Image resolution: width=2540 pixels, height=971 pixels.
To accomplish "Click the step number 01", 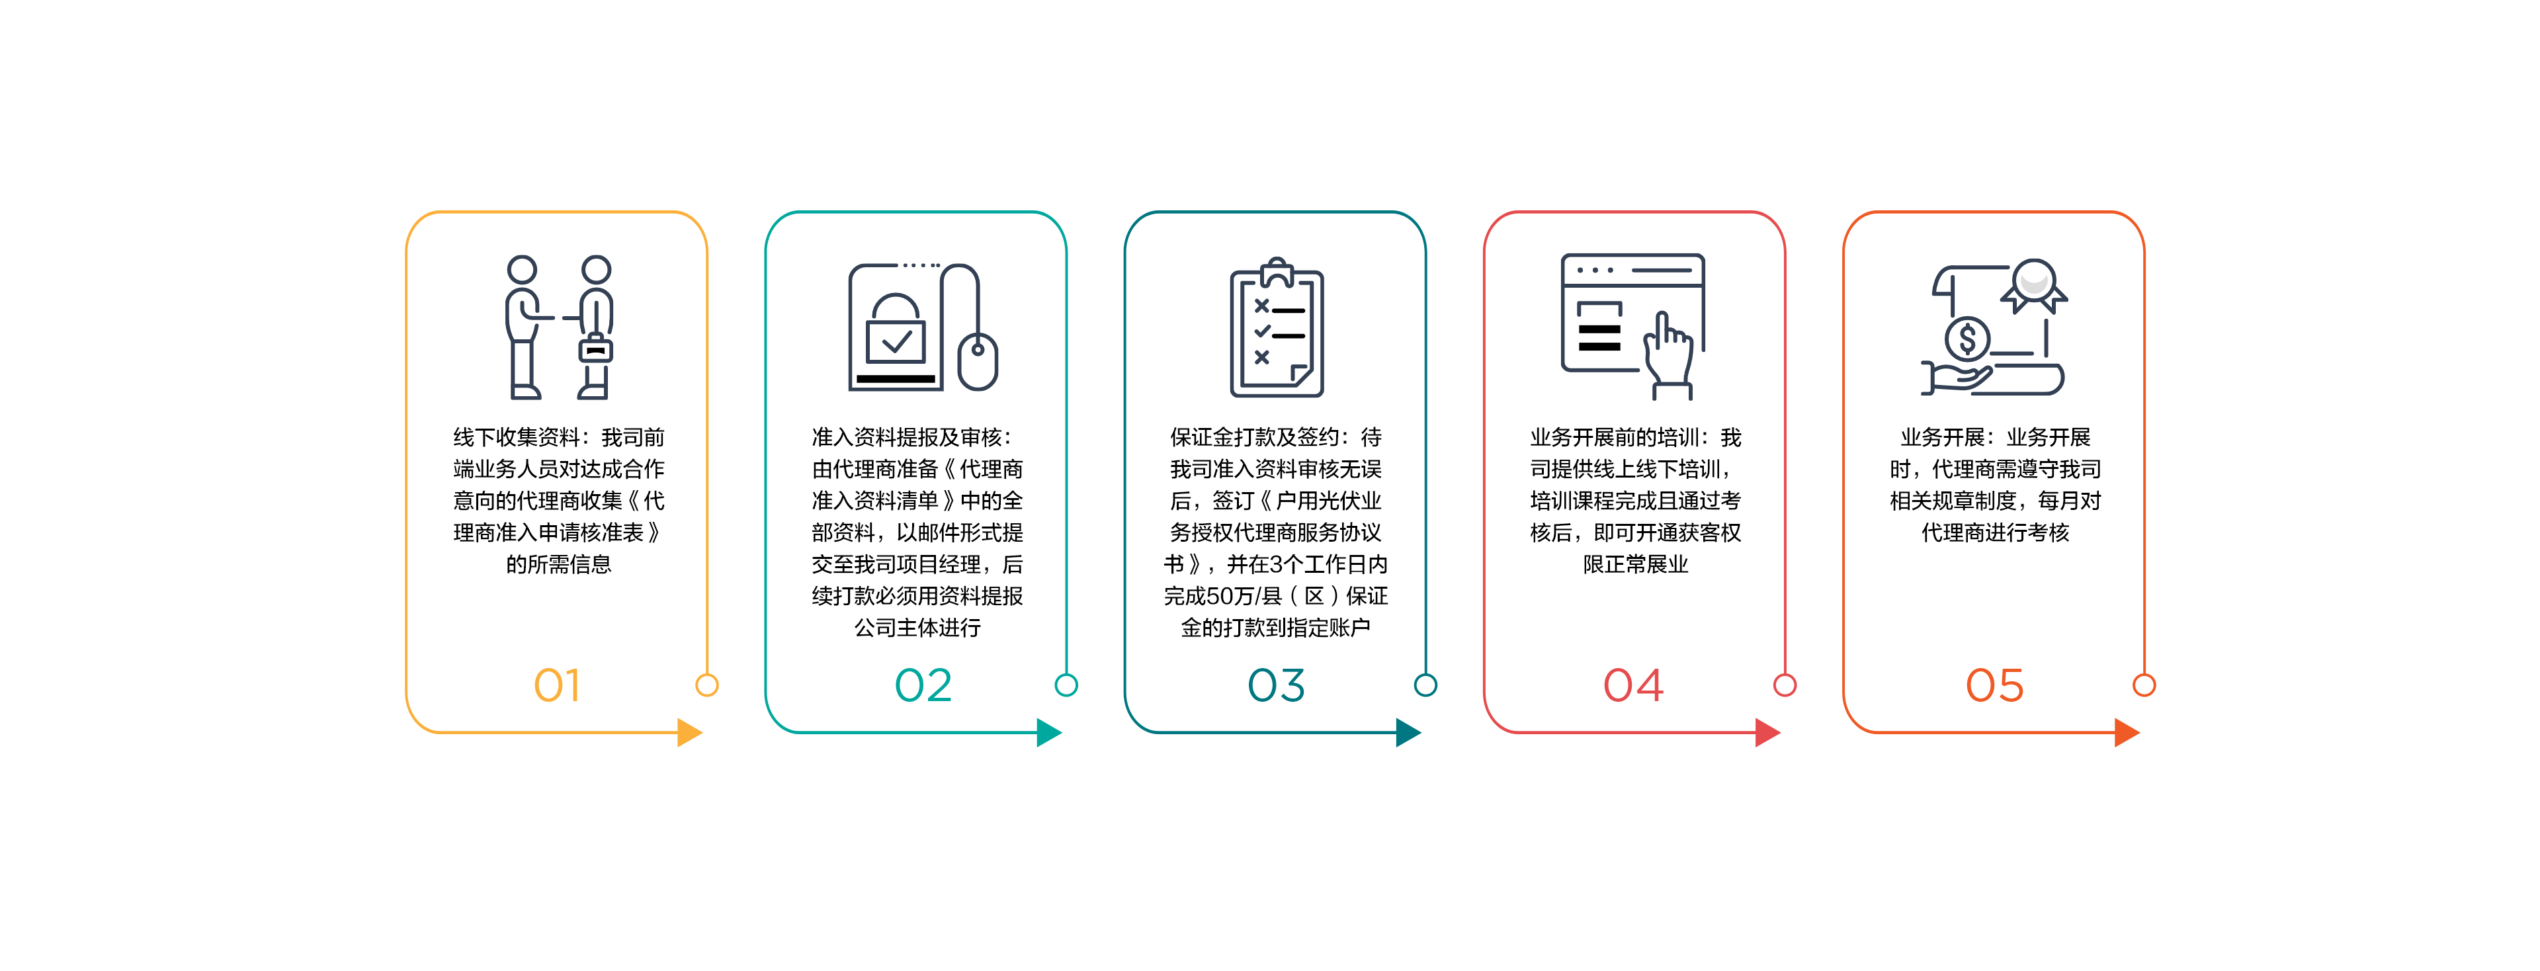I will tap(557, 685).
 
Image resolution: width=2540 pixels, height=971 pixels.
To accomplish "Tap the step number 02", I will tap(923, 685).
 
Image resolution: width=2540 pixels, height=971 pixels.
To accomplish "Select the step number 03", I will tap(1276, 685).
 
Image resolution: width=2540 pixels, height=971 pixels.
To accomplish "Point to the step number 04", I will tap(1633, 685).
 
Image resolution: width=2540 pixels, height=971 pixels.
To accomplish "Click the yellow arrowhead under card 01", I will tap(689, 732).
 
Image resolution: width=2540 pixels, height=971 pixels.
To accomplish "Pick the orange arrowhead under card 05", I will tap(2126, 732).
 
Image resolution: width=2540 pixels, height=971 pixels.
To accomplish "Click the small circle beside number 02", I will tap(1066, 685).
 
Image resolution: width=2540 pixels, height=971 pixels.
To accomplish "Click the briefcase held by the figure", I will tap(595, 349).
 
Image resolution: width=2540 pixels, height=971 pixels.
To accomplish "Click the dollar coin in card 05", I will tap(1967, 340).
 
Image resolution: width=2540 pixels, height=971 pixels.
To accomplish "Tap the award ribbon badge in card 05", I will tap(2034, 284).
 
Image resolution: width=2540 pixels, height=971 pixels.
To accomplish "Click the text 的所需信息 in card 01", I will tap(558, 564).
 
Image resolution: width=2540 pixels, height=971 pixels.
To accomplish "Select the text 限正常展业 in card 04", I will tap(1635, 564).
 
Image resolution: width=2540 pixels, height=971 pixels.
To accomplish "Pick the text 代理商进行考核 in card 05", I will tap(1995, 532).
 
